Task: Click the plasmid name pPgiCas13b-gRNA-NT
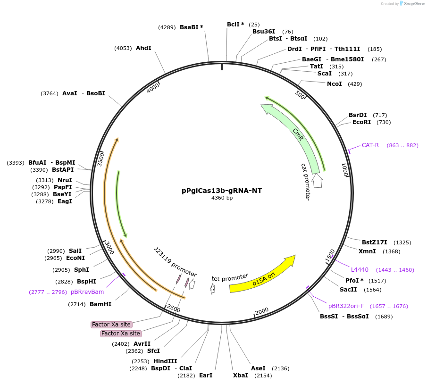[222, 191]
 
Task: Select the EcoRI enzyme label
[361, 122]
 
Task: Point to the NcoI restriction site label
[335, 84]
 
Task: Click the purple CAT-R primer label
[370, 145]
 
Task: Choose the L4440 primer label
[360, 270]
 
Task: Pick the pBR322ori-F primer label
[346, 306]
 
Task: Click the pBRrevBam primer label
[87, 292]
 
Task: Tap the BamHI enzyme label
[100, 304]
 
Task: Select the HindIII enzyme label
[165, 361]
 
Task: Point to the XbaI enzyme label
[241, 376]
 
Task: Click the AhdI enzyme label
[143, 48]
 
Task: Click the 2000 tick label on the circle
[261, 311]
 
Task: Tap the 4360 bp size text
[222, 198]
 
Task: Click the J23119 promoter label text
[175, 261]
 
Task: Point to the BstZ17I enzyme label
[374, 242]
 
